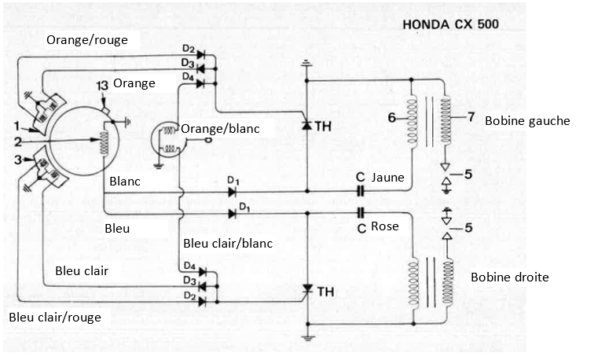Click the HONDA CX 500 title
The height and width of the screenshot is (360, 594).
(x=450, y=23)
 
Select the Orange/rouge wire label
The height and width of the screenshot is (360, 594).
(x=93, y=39)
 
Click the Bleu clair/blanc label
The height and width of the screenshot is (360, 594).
(x=227, y=243)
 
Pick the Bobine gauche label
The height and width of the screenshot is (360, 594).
(x=527, y=120)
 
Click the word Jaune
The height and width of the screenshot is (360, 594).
(x=388, y=178)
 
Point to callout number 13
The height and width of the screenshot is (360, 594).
(x=101, y=85)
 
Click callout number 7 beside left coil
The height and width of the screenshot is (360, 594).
(x=471, y=118)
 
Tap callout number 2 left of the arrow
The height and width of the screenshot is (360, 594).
(x=17, y=141)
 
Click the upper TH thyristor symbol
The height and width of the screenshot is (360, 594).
(x=307, y=125)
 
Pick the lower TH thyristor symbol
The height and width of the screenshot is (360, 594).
(x=307, y=291)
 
